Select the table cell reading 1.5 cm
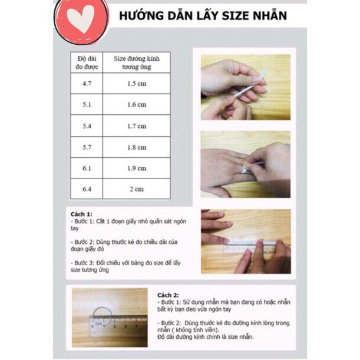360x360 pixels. pyautogui.click(x=137, y=84)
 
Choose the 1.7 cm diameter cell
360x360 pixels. pyautogui.click(x=137, y=126)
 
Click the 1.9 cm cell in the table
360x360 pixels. pyautogui.click(x=137, y=169)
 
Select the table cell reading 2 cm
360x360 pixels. pyautogui.click(x=137, y=189)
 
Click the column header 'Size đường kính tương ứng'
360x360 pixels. pyautogui.click(x=137, y=62)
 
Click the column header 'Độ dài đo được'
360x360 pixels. pyautogui.click(x=86, y=62)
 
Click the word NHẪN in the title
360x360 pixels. pyautogui.click(x=267, y=15)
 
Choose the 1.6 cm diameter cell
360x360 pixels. pyautogui.click(x=137, y=105)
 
